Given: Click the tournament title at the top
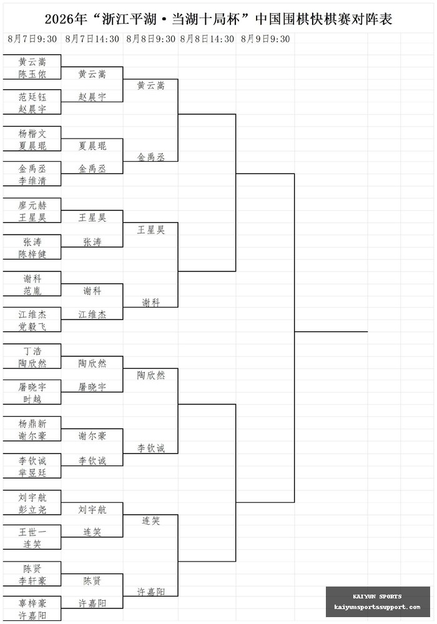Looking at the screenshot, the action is (x=219, y=19).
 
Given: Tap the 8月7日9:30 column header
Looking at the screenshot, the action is (x=32, y=39).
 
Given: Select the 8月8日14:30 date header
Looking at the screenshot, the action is (x=207, y=39).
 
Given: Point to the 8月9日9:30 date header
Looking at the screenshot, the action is (x=265, y=39).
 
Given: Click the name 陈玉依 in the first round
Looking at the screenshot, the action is (x=32, y=74).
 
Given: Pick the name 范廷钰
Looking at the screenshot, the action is (x=32, y=97).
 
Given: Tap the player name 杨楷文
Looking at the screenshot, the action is (x=32, y=134).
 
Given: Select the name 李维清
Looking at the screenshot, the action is (x=32, y=181).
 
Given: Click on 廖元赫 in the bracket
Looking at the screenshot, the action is (x=32, y=205).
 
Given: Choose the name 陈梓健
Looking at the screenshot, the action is (x=32, y=254).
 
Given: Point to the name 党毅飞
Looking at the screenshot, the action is (x=32, y=326).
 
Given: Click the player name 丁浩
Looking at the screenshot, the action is (x=32, y=351).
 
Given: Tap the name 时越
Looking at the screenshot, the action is (x=32, y=399).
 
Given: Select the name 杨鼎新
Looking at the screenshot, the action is (x=32, y=424).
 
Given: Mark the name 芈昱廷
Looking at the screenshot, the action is (x=32, y=472).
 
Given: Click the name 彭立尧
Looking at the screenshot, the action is (x=32, y=509).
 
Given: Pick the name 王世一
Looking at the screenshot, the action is (x=32, y=532).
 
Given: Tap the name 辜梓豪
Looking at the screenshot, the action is (x=32, y=603).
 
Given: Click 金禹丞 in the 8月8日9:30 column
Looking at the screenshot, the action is (x=151, y=157).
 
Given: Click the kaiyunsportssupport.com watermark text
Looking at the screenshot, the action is (x=377, y=607).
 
